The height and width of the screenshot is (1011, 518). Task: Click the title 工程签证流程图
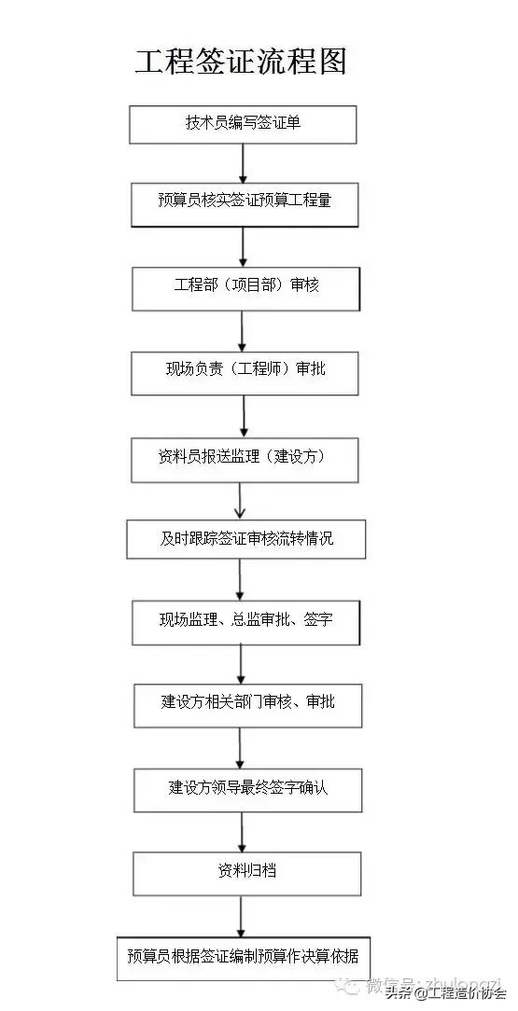[241, 62]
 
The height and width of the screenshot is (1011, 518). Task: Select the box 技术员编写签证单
[243, 124]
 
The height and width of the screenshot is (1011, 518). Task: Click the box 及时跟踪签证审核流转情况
[245, 538]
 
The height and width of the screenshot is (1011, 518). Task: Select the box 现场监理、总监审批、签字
[245, 622]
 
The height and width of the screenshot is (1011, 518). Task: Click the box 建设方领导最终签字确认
[247, 789]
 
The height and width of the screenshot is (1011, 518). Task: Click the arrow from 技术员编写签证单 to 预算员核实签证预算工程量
[243, 164]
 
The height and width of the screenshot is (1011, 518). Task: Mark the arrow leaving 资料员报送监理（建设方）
[241, 501]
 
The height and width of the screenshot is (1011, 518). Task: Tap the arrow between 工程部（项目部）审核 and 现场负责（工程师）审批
[243, 331]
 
